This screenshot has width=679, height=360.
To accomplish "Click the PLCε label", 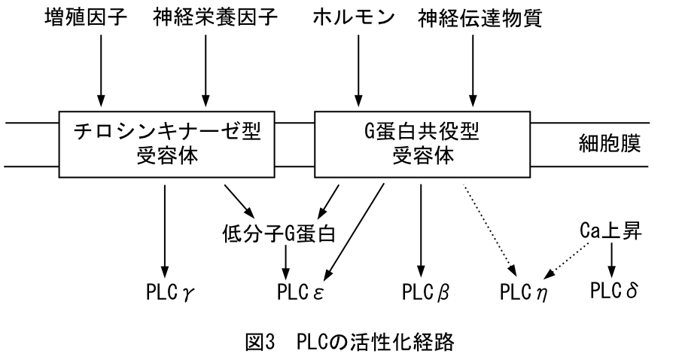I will click(x=299, y=291).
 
